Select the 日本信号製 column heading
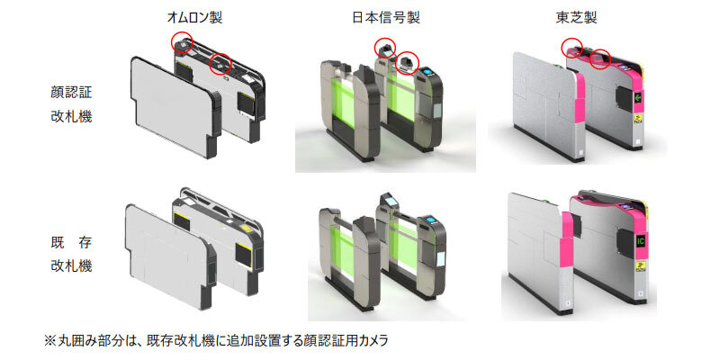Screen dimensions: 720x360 [386, 18]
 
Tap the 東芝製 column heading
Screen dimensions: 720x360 [576, 18]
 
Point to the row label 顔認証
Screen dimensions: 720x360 [71, 93]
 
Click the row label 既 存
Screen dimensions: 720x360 [71, 243]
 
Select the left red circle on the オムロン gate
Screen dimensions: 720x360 [182, 42]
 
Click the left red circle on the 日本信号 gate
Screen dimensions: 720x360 [385, 49]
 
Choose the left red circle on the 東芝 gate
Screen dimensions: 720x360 [573, 47]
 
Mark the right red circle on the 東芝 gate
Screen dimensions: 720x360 [599, 59]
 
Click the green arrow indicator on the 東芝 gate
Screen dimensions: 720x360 [638, 97]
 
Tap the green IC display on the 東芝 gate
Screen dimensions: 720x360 [640, 240]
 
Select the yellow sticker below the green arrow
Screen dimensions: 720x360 [638, 120]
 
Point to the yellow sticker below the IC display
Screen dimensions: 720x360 [640, 265]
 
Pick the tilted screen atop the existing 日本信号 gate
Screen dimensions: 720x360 [390, 201]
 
